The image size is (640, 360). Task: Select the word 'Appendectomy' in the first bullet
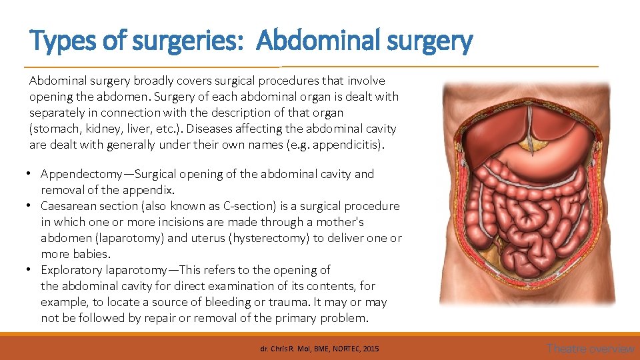pyautogui.click(x=80, y=174)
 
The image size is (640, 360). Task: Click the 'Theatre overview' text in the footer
pyautogui.click(x=591, y=348)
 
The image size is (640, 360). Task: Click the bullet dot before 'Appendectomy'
pyautogui.click(x=31, y=174)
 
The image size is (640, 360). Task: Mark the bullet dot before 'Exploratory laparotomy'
pyautogui.click(x=31, y=270)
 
